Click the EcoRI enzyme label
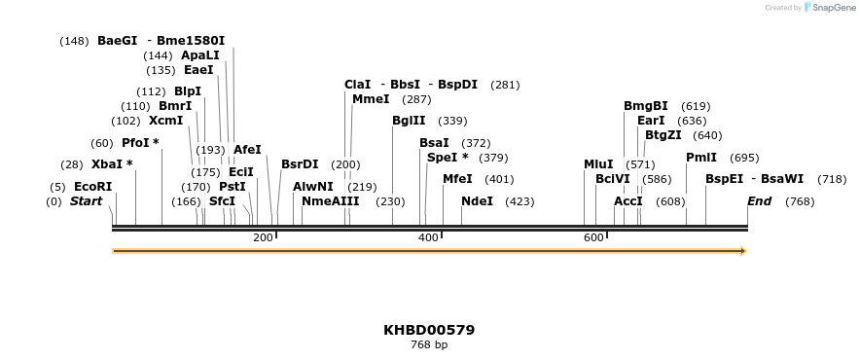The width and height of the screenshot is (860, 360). [92, 187]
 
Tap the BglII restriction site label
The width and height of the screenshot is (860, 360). [409, 121]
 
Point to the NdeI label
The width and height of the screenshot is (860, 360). [477, 201]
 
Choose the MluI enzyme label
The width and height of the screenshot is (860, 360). [598, 164]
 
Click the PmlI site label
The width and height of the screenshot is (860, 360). [701, 158]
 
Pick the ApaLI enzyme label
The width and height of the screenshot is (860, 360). [200, 55]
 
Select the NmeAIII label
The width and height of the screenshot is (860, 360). [330, 201]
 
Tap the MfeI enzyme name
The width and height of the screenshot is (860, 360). [457, 179]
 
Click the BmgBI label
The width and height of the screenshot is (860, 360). [646, 106]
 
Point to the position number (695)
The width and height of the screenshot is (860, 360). [744, 158]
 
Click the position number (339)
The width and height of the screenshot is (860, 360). [452, 121]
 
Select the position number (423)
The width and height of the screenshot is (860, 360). [520, 201]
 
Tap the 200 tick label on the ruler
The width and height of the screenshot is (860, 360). [263, 238]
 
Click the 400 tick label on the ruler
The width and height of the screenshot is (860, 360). [428, 238]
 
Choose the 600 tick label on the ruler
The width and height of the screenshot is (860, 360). [593, 238]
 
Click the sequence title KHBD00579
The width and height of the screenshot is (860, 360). [429, 330]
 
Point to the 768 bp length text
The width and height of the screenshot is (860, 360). [429, 345]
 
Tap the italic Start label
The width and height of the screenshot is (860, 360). [86, 201]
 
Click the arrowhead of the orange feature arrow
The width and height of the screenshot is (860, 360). [743, 251]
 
